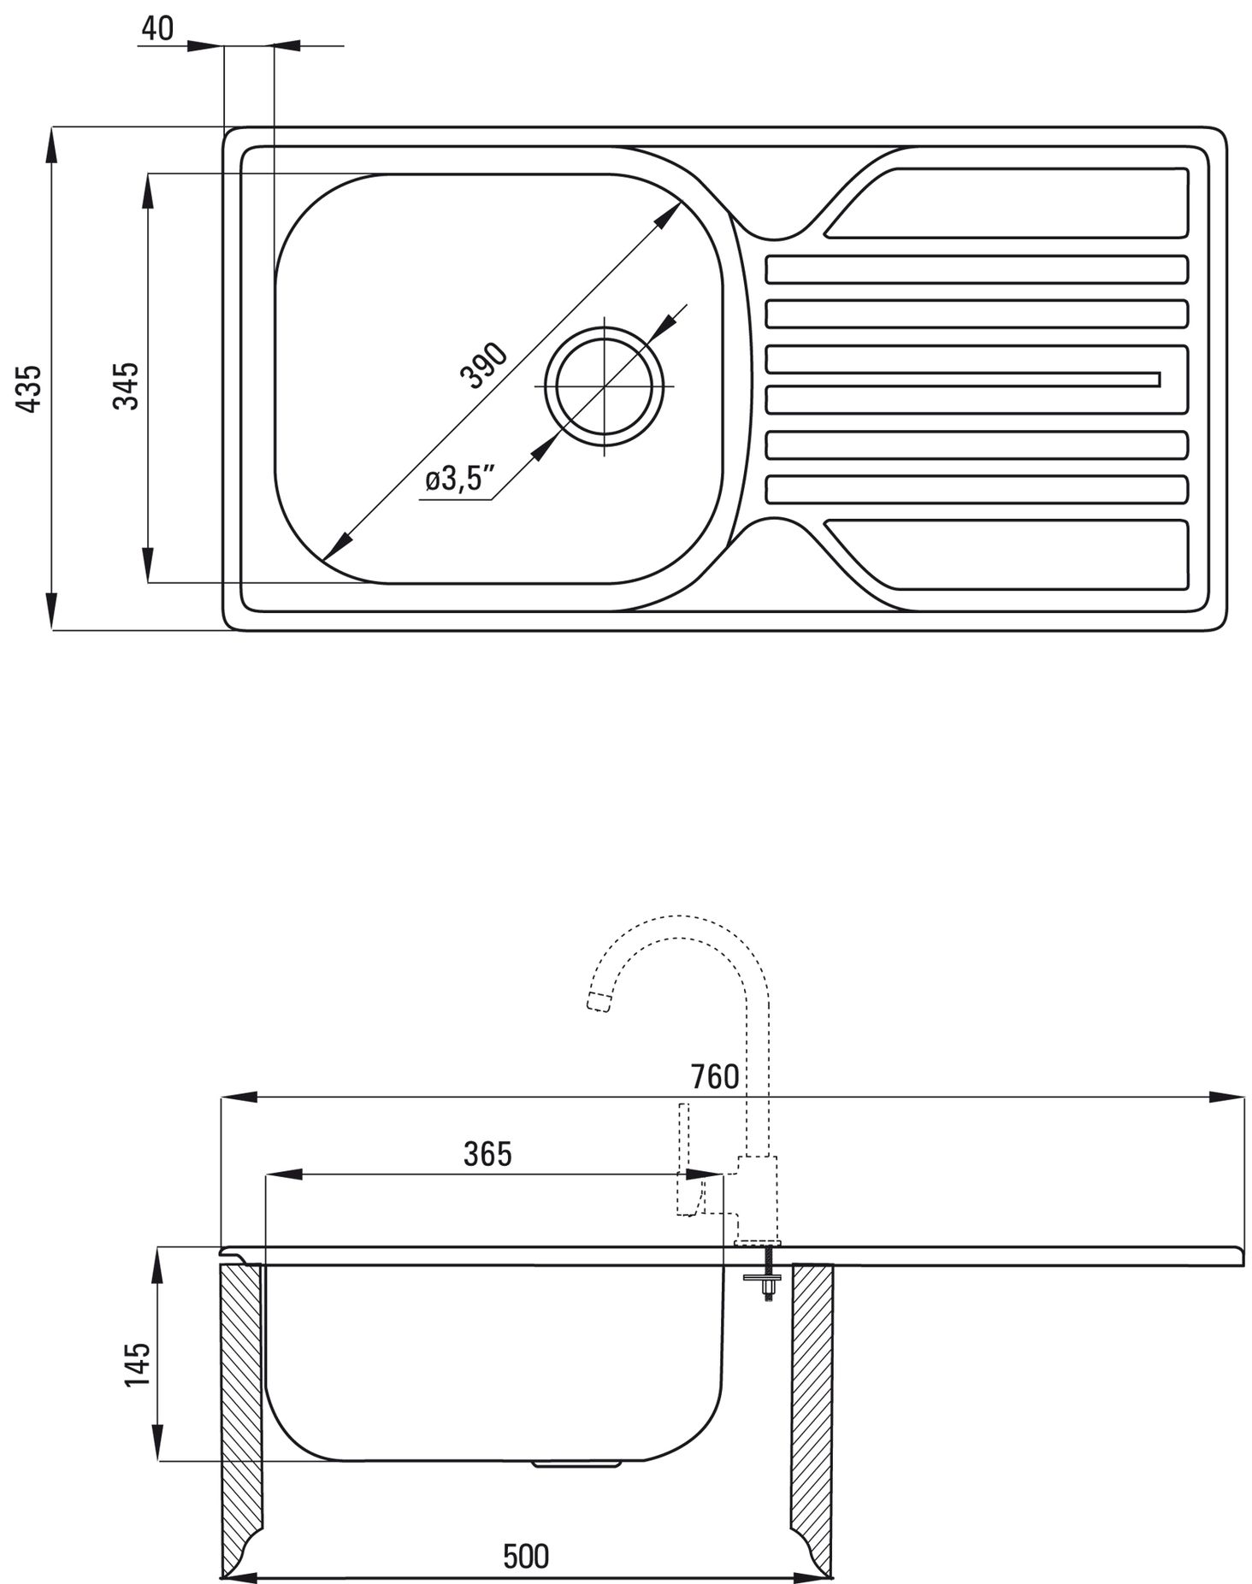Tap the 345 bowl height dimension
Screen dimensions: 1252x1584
[126, 386]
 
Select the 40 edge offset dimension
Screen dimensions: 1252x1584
[156, 28]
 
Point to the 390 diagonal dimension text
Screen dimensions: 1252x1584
[483, 365]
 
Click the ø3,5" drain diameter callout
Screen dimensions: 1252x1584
[460, 480]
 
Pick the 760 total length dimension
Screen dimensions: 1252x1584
[715, 1076]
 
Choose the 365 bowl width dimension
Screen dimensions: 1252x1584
[487, 1154]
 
